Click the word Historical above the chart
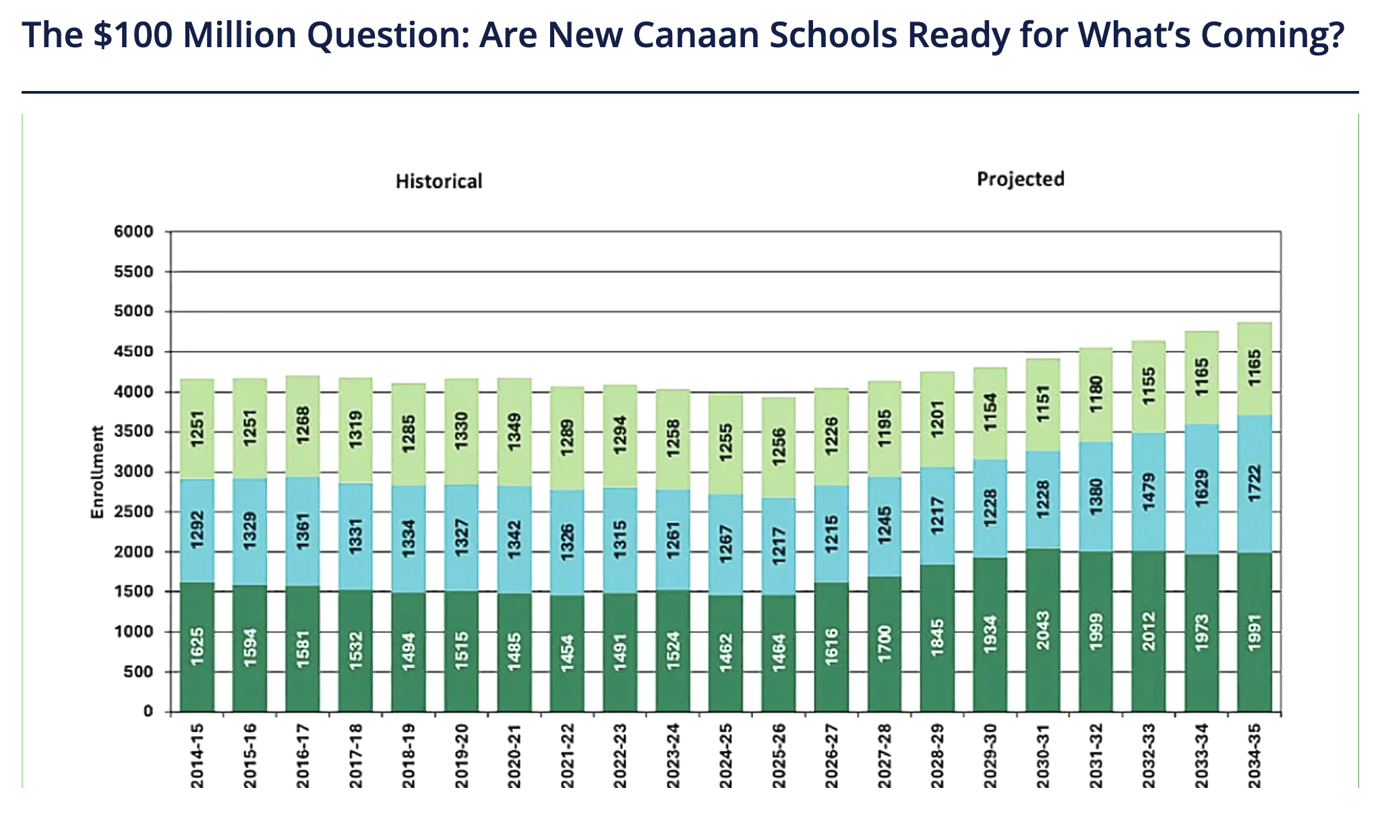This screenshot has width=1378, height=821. pos(439,181)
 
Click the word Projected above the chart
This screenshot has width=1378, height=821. pos(1021,179)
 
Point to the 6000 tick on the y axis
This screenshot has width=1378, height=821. pos(133,232)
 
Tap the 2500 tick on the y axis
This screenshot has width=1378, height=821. pos(133,512)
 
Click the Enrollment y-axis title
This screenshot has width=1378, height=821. pos(98,472)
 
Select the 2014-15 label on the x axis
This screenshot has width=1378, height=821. pos(197,755)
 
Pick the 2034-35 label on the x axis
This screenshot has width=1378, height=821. pos(1254,755)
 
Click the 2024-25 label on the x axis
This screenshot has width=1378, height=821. pos(725,755)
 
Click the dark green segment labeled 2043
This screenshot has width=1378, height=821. pos(1043,630)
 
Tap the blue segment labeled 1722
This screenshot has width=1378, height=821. pos(1255,484)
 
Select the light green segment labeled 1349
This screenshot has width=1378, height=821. pos(514,432)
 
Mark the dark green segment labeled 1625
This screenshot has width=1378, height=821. pos(198,646)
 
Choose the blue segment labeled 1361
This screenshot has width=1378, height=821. pos(303,531)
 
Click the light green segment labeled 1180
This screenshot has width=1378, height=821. pos(1096,395)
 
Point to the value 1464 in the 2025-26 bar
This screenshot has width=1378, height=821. pos(779,652)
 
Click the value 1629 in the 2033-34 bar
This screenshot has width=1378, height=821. pos(1202,489)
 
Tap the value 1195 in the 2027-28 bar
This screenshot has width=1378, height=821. pos(885,429)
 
